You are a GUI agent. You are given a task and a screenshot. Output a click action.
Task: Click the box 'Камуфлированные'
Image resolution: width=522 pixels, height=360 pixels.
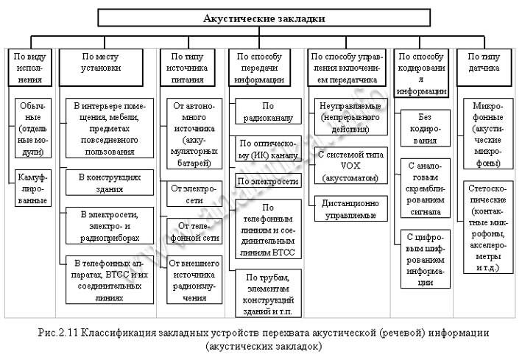pyautogui.click(x=32, y=188)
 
